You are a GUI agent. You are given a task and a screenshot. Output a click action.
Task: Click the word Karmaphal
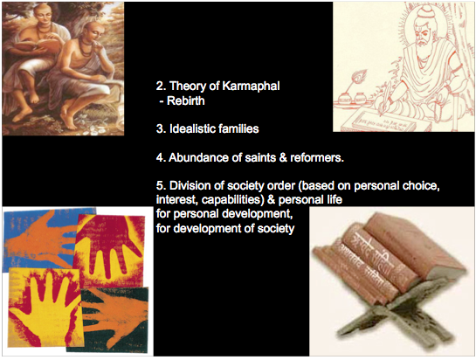251,86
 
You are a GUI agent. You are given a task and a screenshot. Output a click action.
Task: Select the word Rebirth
186,100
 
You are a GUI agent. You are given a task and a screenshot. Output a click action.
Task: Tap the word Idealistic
191,128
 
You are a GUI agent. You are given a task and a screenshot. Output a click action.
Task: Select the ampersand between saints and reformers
283,157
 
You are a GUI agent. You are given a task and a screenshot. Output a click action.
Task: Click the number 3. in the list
161,128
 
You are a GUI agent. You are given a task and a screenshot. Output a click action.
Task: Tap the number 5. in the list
161,185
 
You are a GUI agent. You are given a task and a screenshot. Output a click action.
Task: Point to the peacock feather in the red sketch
360,78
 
